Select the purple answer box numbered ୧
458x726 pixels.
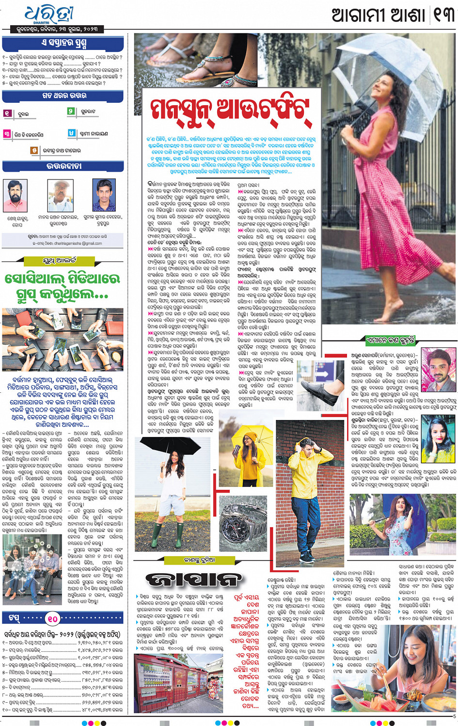8,113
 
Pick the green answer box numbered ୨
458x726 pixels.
71,112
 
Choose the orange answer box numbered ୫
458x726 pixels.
34,150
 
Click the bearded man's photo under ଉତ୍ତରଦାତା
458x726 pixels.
16,195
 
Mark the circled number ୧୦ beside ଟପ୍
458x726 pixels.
52,618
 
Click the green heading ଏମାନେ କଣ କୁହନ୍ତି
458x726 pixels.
391,340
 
